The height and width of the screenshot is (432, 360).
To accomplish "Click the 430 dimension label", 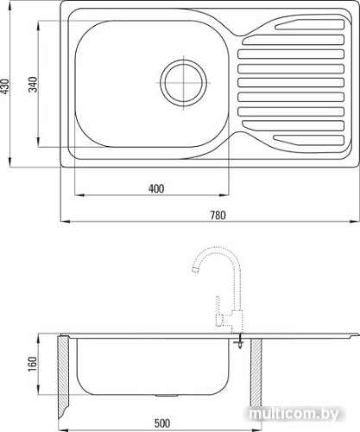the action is (5, 86).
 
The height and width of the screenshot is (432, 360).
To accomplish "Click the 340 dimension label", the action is (33, 85).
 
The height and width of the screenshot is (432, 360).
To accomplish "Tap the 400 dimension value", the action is (156, 188).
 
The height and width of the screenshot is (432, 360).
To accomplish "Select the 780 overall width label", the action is (218, 215).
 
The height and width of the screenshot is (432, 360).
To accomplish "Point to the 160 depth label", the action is (33, 364).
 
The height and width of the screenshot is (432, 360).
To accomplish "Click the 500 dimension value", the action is (162, 423).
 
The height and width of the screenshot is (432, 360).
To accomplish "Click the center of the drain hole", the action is (184, 83).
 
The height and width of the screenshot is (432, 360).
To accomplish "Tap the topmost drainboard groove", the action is (310, 24).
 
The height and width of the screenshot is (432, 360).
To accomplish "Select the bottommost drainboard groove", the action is (308, 140).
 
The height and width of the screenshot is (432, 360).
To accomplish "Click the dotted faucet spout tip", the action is (196, 270).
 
